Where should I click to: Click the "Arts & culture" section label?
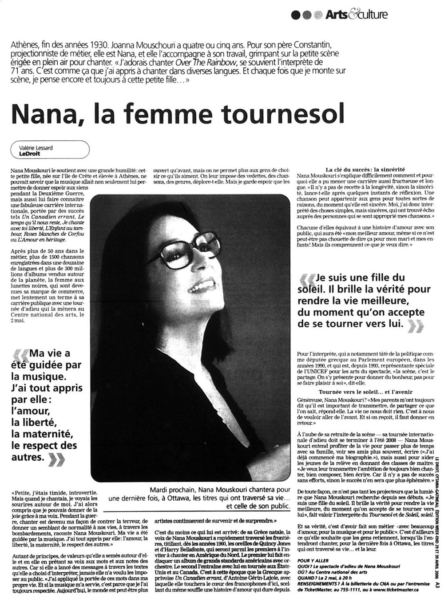pyautogui.click(x=357, y=15)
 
